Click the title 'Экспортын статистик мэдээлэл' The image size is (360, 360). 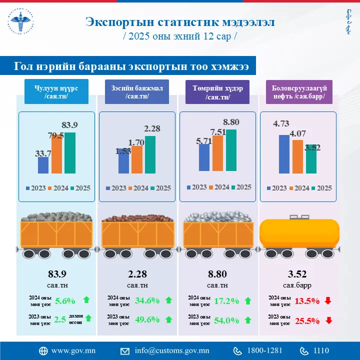[179, 22]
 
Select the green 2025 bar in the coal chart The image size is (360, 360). [70, 153]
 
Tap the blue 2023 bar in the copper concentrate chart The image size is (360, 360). [124, 161]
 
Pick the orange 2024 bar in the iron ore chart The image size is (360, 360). [217, 153]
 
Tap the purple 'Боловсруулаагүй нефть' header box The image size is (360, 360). [299, 92]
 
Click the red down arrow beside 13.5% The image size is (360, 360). [328, 300]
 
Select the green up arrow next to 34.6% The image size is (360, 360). [168, 300]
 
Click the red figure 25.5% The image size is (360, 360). [307, 320]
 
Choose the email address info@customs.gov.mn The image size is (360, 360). [171, 350]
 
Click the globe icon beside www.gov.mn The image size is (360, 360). [43, 350]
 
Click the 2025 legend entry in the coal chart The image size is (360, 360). [80, 188]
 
